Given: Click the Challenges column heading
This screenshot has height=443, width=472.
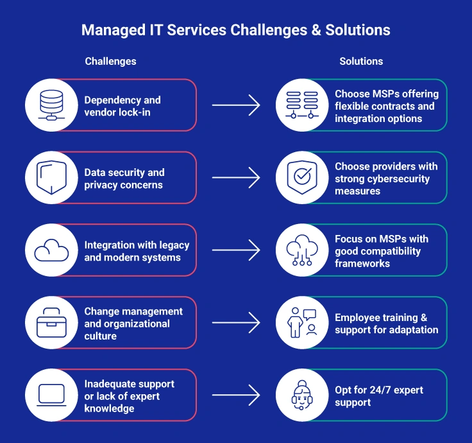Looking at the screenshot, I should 110,62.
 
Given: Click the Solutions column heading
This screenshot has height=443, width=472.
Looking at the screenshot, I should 361,62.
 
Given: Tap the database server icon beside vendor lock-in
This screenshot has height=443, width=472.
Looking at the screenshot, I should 51,105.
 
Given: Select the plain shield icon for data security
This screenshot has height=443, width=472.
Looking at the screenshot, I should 51,178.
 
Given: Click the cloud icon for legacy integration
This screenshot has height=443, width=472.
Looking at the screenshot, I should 51,250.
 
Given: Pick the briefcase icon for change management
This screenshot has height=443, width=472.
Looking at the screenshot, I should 51,323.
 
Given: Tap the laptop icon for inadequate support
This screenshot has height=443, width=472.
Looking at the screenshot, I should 51,395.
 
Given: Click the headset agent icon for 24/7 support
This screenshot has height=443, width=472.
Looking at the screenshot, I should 302,395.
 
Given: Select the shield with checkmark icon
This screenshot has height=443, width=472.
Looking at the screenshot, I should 302,178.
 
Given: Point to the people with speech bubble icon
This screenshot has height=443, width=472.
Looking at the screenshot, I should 302,323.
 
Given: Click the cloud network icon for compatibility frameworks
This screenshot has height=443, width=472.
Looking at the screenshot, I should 302,250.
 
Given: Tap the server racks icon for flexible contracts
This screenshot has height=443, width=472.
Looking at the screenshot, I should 302,105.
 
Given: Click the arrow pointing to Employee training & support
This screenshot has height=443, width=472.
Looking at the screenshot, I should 235,323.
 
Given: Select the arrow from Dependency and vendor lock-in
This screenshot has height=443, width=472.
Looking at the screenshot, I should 235,105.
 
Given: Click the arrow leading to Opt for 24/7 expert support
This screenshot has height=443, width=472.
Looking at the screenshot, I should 235,395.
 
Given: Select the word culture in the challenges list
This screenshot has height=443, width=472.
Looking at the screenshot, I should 101,336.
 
